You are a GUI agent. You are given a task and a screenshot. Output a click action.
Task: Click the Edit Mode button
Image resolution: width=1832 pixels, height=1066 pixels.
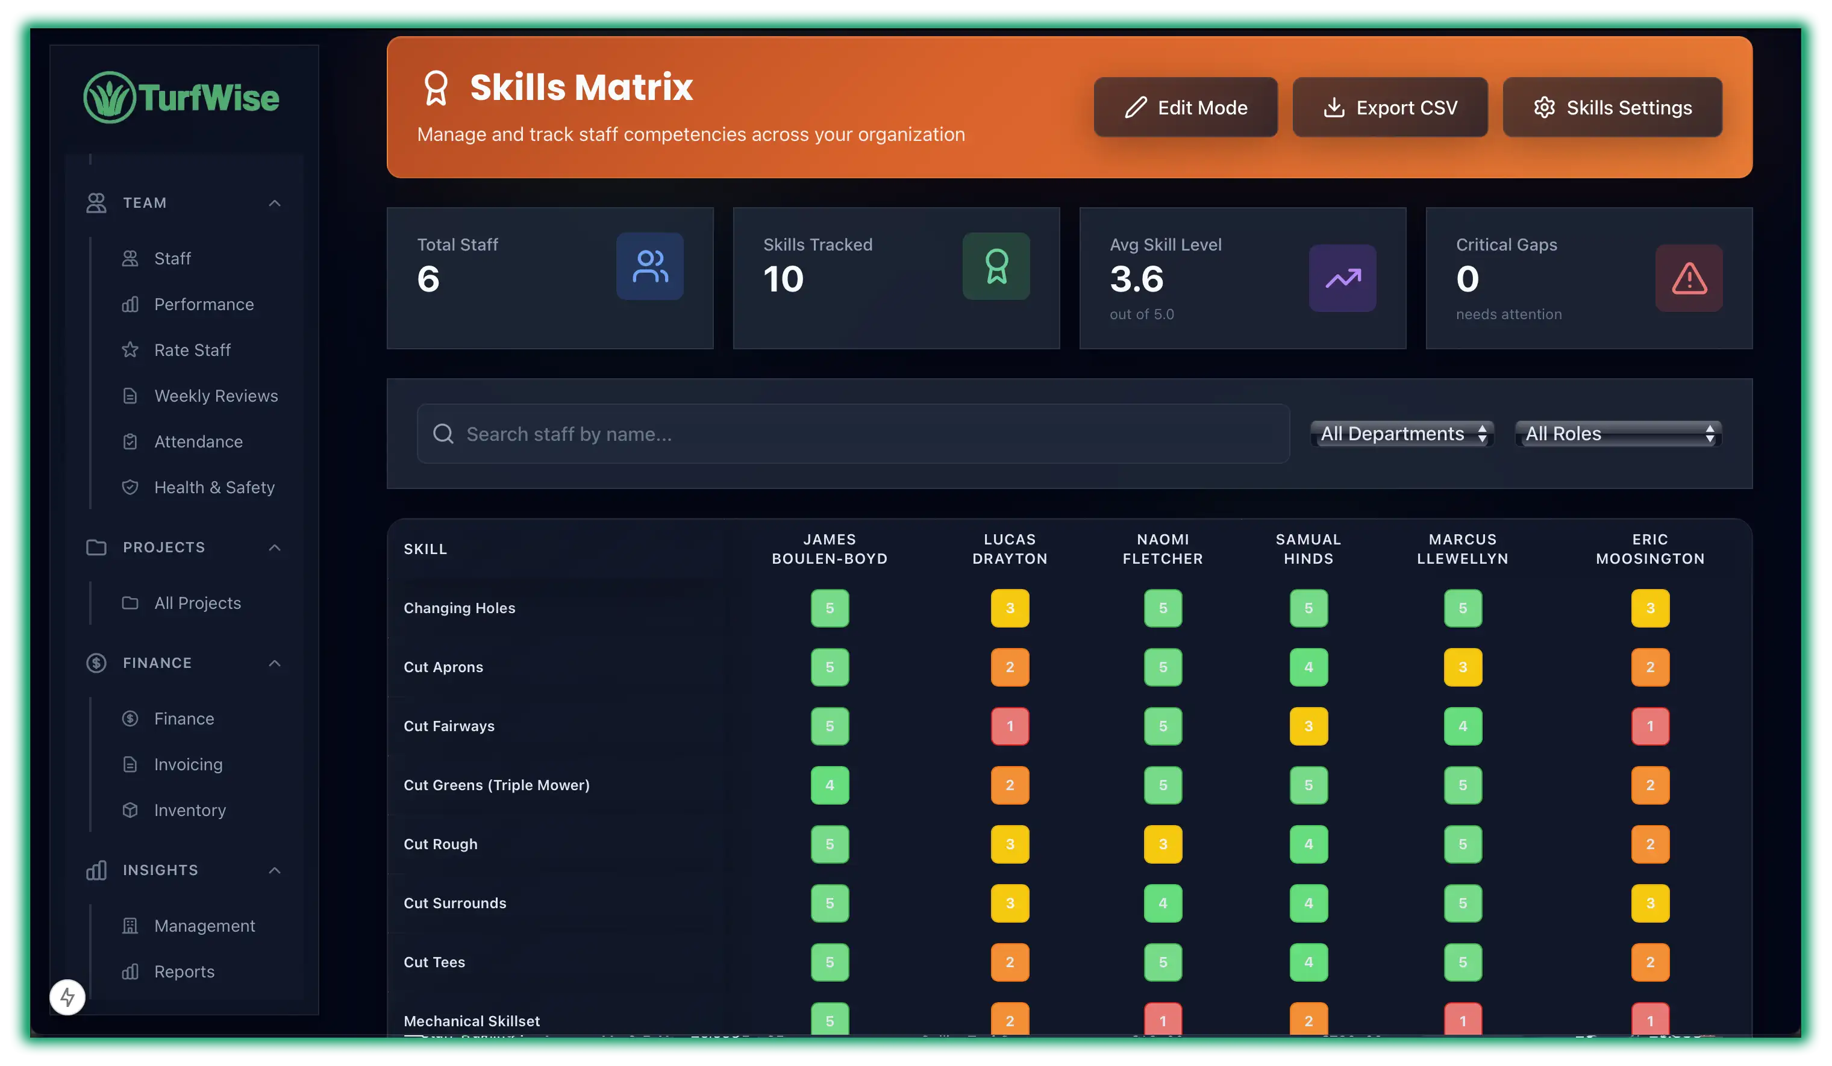[x=1185, y=108]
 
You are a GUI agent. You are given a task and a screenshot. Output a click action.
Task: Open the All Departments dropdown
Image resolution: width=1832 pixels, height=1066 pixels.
[x=1401, y=434]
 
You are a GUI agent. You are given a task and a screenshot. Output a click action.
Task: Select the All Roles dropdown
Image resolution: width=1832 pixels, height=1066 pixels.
[x=1618, y=434]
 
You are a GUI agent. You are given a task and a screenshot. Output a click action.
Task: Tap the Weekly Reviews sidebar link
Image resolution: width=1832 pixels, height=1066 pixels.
[x=215, y=396]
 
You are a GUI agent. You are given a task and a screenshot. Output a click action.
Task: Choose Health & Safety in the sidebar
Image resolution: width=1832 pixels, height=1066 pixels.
[x=214, y=488]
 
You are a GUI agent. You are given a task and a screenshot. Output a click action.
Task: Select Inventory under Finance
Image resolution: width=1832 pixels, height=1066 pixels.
[x=189, y=810]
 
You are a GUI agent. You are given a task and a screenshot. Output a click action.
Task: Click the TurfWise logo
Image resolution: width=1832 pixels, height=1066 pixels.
[x=182, y=98]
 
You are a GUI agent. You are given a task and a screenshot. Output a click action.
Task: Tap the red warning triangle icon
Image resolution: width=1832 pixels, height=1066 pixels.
[x=1688, y=278]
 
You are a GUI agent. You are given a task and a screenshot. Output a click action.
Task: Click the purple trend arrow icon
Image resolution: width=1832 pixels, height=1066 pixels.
[x=1342, y=278]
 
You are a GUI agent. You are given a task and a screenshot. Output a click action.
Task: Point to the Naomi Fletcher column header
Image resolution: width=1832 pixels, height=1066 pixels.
[x=1163, y=549]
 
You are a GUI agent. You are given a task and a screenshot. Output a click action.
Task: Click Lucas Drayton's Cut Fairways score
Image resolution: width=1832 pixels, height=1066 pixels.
[x=1009, y=726]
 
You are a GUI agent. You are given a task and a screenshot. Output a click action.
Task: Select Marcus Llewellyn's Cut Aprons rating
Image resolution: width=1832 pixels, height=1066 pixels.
[x=1462, y=667]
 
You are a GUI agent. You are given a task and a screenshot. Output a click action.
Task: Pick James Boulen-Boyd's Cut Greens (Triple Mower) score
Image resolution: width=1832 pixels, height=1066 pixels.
[x=830, y=785]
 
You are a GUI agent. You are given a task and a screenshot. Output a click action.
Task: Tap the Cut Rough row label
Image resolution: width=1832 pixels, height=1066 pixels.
[x=440, y=844]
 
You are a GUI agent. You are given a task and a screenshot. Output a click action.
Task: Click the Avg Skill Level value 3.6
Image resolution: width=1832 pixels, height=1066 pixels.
[x=1136, y=279]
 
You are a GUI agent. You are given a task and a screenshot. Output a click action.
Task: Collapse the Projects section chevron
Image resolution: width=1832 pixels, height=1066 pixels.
[x=275, y=547]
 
